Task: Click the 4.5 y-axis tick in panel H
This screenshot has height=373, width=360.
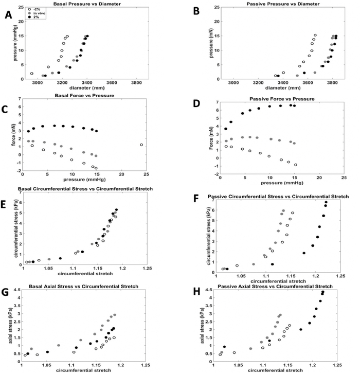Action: tap(210, 290)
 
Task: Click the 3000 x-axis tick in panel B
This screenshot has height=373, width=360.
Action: tap(234, 83)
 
